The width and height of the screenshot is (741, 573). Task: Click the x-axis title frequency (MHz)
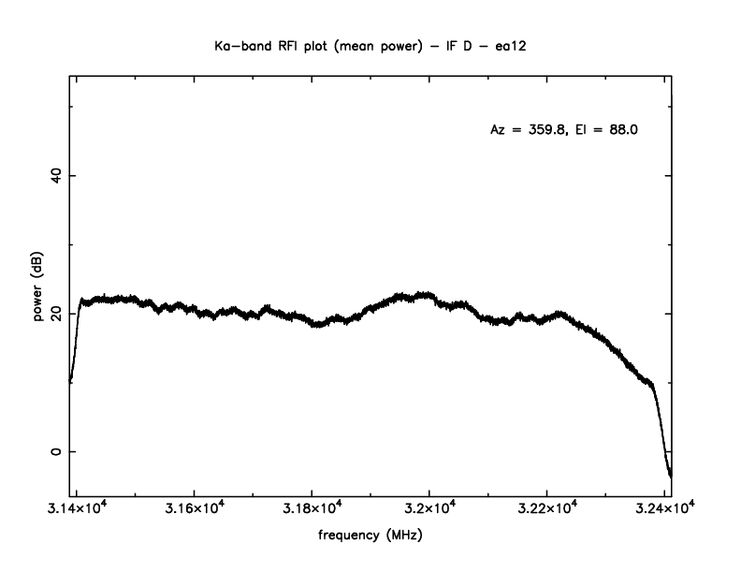(x=370, y=539)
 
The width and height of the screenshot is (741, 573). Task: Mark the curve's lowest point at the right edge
(x=670, y=477)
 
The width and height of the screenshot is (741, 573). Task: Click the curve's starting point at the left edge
(x=70, y=381)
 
